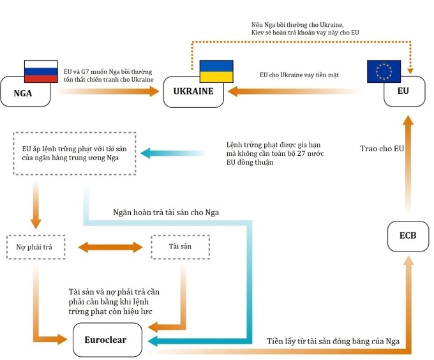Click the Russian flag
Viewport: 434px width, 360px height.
[41, 71]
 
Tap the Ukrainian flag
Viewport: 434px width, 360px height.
[216, 71]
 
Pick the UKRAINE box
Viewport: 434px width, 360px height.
[193, 91]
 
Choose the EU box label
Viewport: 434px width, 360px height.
[403, 91]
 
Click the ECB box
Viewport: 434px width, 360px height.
[407, 236]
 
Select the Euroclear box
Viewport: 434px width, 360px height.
[105, 340]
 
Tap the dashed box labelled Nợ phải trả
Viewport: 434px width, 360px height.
[36, 246]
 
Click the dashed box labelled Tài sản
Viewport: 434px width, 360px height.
[180, 246]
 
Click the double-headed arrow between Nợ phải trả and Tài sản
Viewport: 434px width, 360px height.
[110, 246]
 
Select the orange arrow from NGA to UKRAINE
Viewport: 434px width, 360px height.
[108, 91]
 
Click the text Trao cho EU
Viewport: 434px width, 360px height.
[381, 149]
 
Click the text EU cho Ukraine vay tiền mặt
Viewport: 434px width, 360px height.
[299, 75]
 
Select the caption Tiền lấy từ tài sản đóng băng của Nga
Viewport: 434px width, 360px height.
[333, 341]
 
